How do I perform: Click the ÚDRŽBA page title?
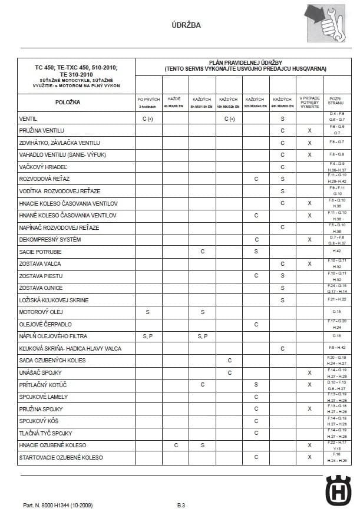click(x=186, y=25)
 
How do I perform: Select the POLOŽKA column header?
click(x=68, y=103)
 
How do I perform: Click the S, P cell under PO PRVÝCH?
click(x=148, y=336)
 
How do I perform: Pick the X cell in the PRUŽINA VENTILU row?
click(x=309, y=130)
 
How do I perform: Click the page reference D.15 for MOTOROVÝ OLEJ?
click(x=337, y=312)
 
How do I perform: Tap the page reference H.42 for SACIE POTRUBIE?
click(x=337, y=252)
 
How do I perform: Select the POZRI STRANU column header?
click(x=336, y=103)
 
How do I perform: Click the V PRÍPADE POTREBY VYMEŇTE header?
click(x=309, y=103)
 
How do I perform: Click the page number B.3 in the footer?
click(x=181, y=506)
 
